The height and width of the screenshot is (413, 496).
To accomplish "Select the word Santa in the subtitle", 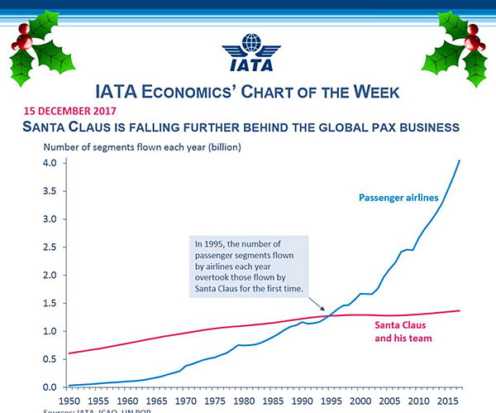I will click(x=50, y=127).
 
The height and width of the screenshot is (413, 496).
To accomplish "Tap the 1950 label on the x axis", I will click(x=69, y=401).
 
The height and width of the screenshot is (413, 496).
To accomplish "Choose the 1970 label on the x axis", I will click(x=184, y=401).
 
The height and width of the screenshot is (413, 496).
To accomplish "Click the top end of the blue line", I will click(x=460, y=161).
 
